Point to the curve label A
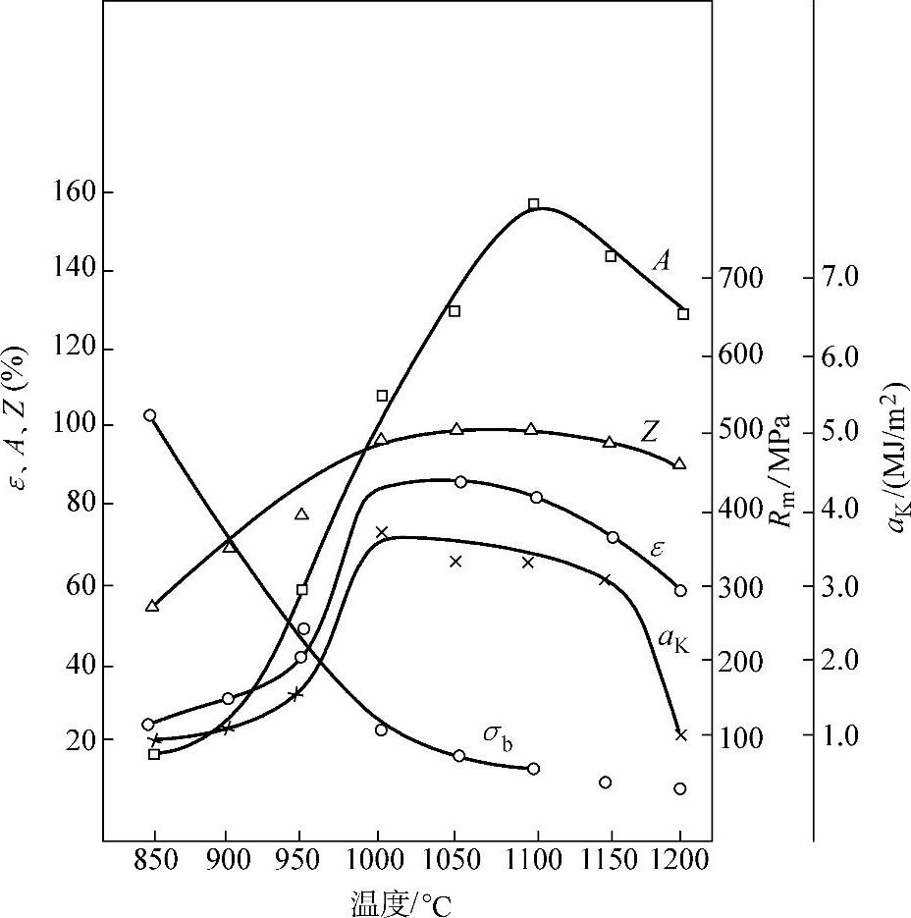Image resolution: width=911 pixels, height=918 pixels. click(663, 260)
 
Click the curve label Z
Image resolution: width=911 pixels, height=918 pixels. click(651, 432)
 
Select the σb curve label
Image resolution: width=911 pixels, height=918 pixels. click(497, 734)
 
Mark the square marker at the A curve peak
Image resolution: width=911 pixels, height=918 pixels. click(534, 204)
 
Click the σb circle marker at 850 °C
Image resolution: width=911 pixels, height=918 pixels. click(150, 415)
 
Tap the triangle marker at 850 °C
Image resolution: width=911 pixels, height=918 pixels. click(152, 606)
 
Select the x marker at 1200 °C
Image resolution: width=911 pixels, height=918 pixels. click(681, 734)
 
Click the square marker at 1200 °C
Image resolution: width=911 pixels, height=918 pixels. click(683, 314)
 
